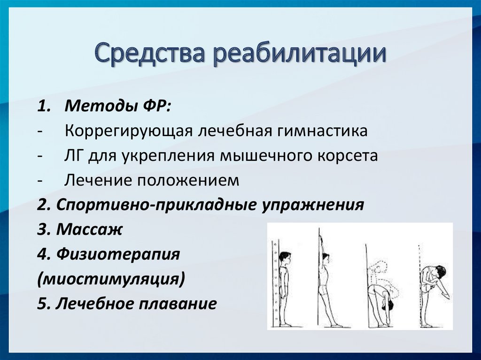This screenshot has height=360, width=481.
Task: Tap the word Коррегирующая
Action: pos(129,131)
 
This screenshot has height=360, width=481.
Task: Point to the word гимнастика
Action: pos(322,130)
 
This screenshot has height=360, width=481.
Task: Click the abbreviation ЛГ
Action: pos(75,156)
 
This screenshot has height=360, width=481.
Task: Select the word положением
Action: pos(188,181)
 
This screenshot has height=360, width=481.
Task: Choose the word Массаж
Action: pos(89,230)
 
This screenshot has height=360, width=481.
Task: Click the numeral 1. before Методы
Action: pos(44,107)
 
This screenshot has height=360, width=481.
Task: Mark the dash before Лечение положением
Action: pos(39,181)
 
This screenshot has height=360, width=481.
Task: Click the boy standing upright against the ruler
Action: pos(285,288)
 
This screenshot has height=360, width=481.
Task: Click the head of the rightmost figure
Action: pos(440,272)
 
